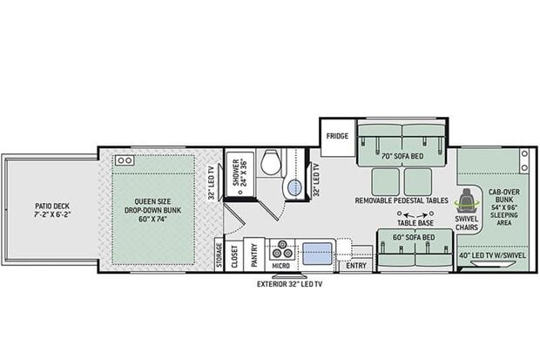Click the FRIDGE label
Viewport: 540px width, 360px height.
pyautogui.click(x=337, y=137)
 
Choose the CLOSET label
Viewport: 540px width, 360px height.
pyautogui.click(x=235, y=255)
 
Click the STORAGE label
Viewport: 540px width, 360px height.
pyautogui.click(x=218, y=253)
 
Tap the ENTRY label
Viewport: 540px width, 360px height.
pyautogui.click(x=356, y=265)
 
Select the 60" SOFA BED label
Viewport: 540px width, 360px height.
pyautogui.click(x=415, y=236)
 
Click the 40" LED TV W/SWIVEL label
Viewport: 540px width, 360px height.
pyautogui.click(x=493, y=255)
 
